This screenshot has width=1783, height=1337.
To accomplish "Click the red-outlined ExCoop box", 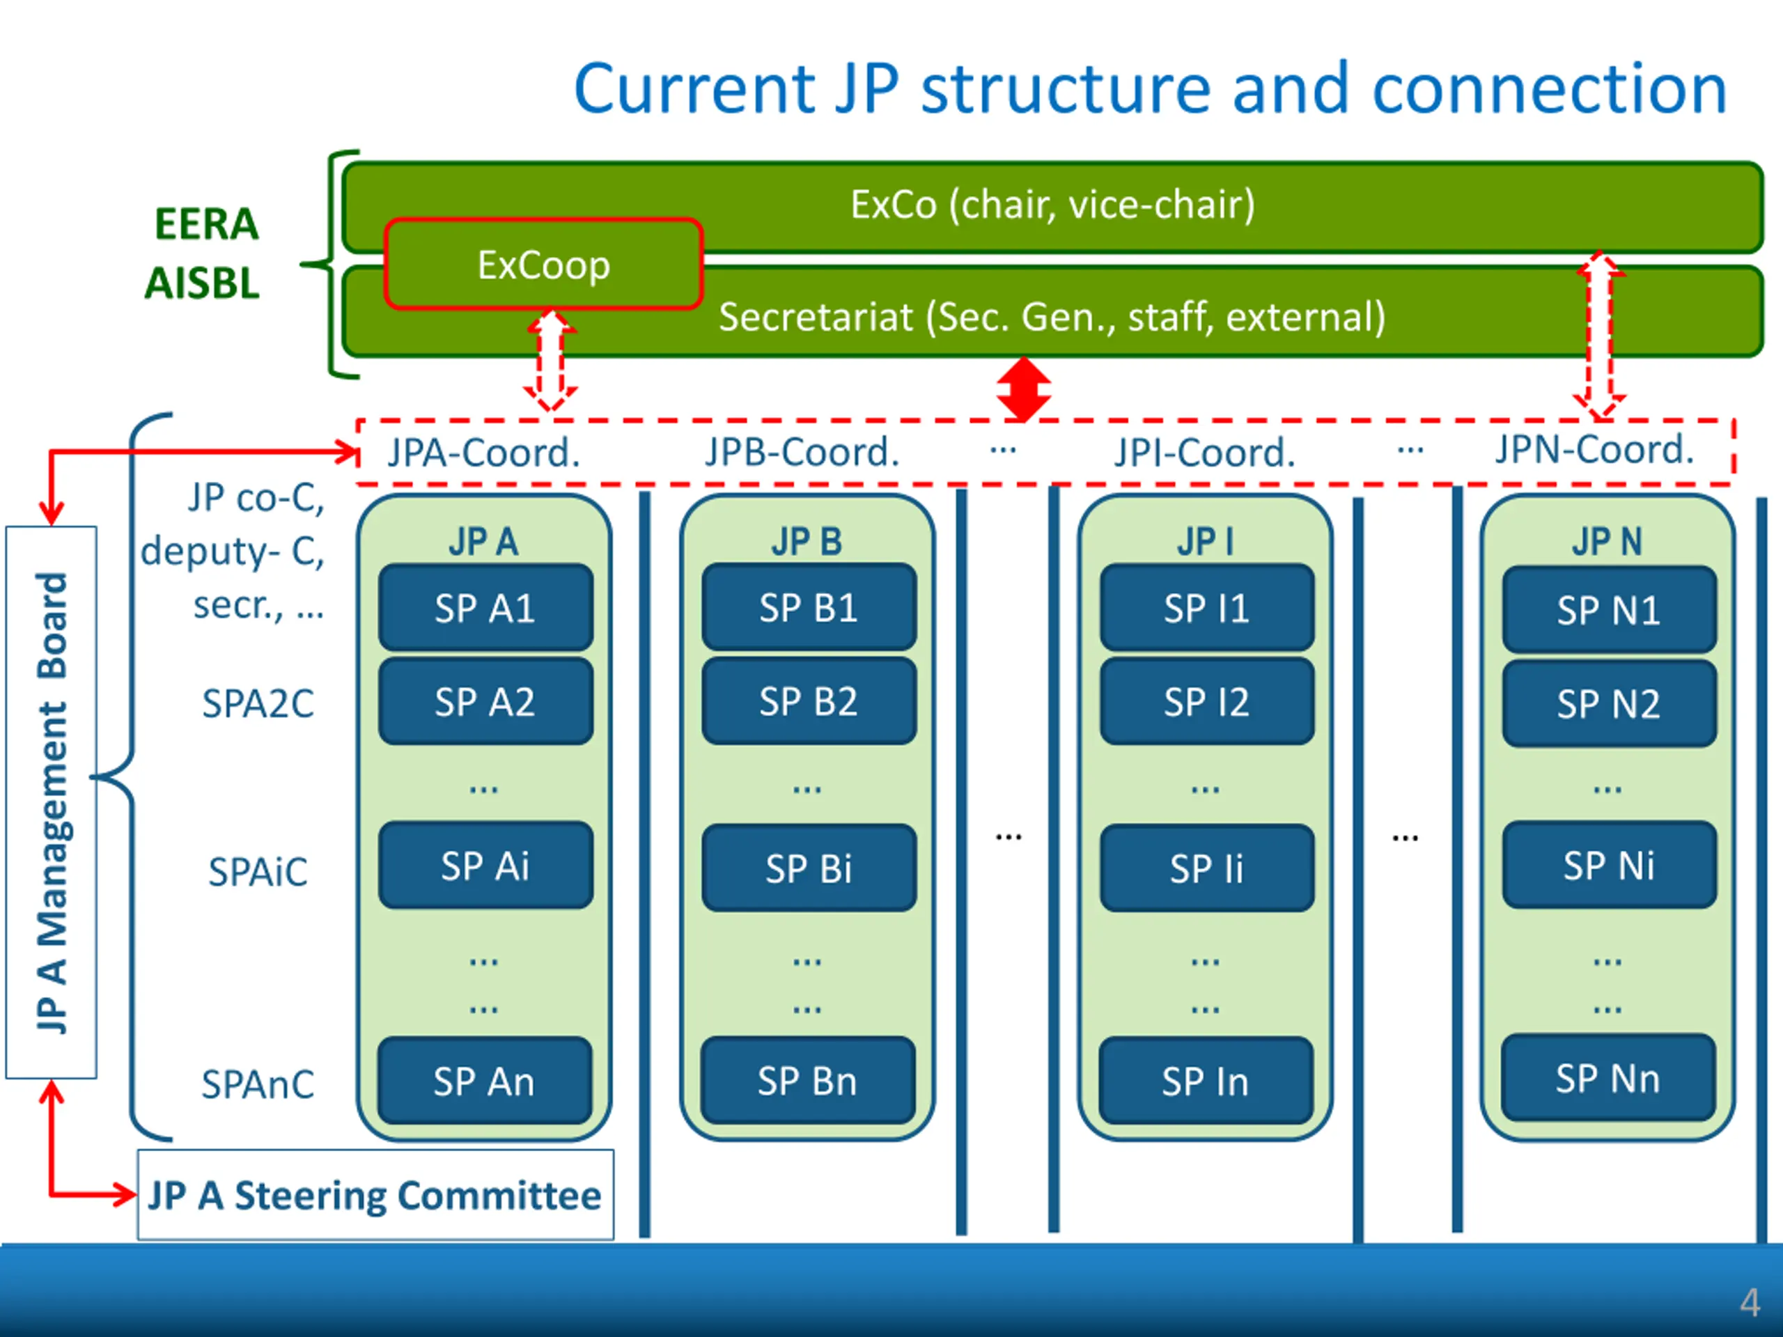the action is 543,263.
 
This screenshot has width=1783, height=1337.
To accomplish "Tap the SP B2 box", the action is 809,701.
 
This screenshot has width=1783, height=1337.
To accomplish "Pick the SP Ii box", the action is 1207,868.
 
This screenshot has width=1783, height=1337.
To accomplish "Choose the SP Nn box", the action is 1608,1078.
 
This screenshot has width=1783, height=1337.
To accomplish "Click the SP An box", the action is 485,1081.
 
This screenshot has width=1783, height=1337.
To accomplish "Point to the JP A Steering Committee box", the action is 375,1194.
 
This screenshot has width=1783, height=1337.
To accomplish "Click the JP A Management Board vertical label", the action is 52,803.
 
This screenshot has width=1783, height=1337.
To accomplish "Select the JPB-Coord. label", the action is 802,452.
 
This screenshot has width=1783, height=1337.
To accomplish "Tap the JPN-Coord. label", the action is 1594,449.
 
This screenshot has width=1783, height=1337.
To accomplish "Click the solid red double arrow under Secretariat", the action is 1023,389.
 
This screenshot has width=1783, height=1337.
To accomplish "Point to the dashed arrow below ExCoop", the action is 550,359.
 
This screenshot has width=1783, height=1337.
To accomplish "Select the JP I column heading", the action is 1206,542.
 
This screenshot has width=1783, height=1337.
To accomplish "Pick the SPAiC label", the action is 258,872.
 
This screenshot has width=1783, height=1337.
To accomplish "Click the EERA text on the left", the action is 206,224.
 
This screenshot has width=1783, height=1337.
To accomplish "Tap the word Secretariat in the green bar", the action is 816,317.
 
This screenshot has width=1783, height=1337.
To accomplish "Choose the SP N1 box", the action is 1609,610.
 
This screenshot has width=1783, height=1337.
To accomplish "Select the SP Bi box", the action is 809,868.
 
